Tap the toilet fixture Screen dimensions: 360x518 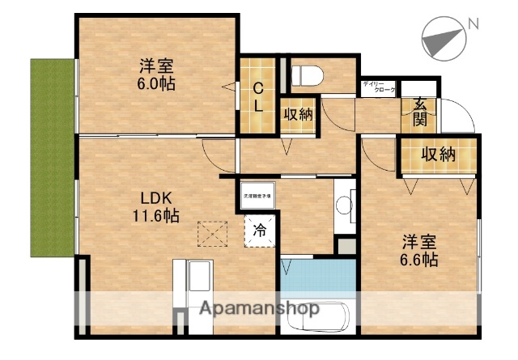point(306,75)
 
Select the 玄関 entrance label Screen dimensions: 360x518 point(420,112)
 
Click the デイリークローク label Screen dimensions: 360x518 point(379,87)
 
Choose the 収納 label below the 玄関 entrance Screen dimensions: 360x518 point(437,155)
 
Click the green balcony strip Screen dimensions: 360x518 point(51,156)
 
